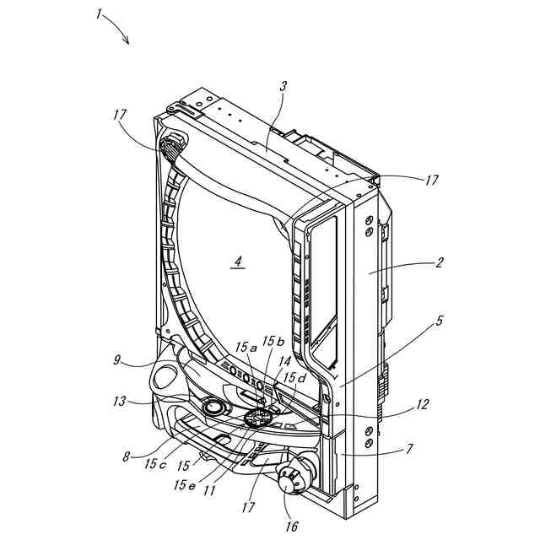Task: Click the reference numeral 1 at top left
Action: [x=100, y=13]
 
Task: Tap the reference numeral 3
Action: [x=283, y=87]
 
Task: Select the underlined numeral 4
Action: [x=238, y=262]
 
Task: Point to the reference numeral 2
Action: [x=439, y=263]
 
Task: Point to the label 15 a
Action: [x=243, y=348]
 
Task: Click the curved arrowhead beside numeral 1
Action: [x=127, y=42]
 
